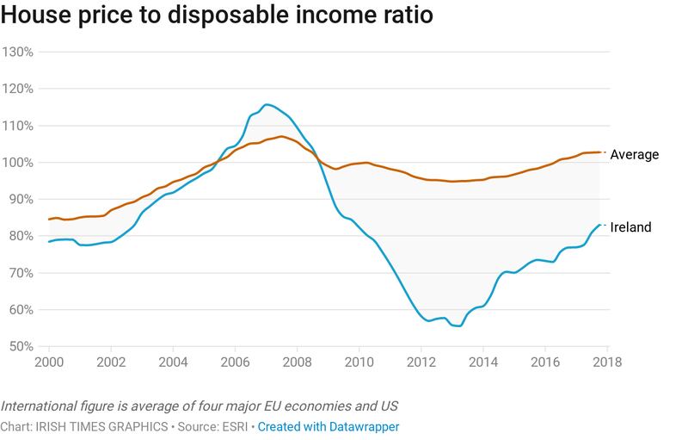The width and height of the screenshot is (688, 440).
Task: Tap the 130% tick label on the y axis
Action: (x=16, y=52)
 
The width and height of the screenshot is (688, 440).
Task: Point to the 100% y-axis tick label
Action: (x=16, y=163)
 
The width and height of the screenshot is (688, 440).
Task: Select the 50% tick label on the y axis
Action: (x=19, y=347)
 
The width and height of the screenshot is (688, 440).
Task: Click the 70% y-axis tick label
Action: (x=19, y=273)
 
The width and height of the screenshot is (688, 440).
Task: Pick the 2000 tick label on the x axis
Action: (x=50, y=362)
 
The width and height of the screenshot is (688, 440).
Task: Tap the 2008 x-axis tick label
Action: (x=297, y=362)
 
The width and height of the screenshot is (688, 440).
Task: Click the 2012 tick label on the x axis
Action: (x=421, y=362)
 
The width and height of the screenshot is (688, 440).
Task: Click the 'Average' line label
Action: (x=634, y=155)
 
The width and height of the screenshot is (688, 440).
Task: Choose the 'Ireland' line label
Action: (x=630, y=227)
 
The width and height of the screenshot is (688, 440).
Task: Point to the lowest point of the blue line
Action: (x=458, y=326)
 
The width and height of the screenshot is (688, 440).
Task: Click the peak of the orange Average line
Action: (x=281, y=136)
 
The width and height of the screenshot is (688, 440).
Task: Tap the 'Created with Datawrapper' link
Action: (x=329, y=426)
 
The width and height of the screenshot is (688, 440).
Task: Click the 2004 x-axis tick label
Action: (x=173, y=362)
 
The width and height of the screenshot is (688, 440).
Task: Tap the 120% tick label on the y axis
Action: (x=16, y=89)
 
